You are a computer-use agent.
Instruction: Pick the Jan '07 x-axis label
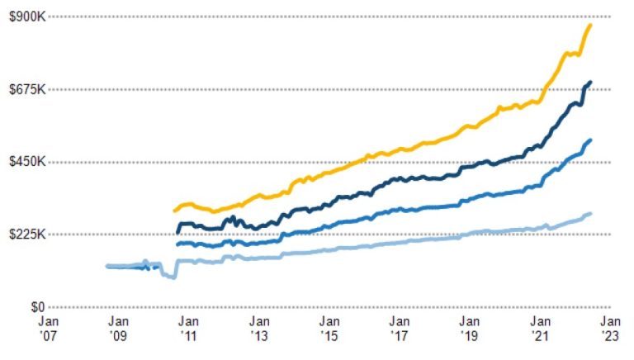pos(48,328)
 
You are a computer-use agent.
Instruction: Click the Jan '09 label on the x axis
pos(118,328)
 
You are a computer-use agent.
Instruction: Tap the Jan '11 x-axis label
pos(188,328)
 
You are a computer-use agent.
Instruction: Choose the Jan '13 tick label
pos(258,328)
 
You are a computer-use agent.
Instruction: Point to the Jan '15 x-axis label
pos(329,328)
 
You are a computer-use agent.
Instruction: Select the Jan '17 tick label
pos(400,328)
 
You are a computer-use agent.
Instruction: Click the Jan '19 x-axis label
pos(470,328)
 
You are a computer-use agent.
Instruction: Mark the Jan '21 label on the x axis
pos(540,328)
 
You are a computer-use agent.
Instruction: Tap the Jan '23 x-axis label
pos(610,328)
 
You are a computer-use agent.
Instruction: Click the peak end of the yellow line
pos(590,26)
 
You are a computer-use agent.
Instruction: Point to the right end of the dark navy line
pos(590,82)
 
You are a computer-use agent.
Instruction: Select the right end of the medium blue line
pos(590,140)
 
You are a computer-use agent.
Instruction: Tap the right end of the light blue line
pos(590,214)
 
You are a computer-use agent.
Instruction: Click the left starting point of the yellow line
pos(174,211)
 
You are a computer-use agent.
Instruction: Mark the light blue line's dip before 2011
pos(173,277)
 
